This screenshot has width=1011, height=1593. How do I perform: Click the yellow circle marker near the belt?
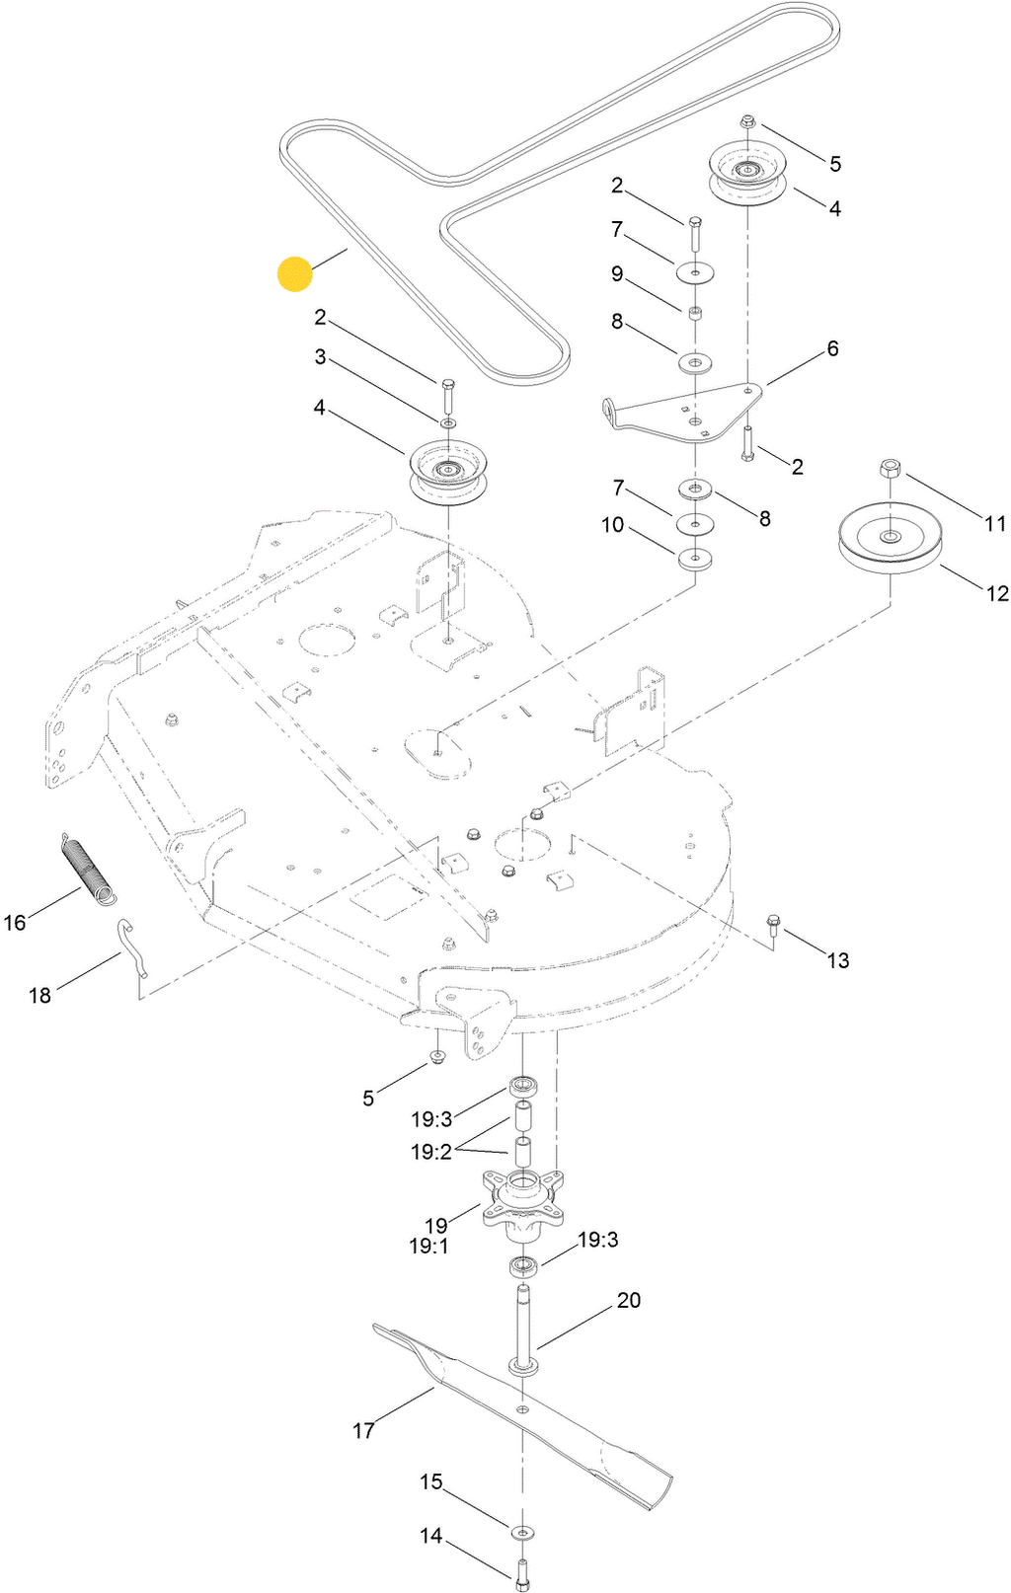tap(295, 274)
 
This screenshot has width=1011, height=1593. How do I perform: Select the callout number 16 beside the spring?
tap(15, 923)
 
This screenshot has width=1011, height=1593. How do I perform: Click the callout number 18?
tap(39, 996)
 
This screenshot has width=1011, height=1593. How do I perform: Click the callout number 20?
tap(629, 1301)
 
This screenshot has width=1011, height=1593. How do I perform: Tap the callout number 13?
tap(837, 960)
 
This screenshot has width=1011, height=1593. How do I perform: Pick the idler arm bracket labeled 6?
tap(681, 410)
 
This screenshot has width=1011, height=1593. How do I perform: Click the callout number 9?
tap(617, 274)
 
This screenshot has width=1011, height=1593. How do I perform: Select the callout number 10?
tap(613, 525)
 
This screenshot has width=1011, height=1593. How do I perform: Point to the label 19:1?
tap(429, 1247)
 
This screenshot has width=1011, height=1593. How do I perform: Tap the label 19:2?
tap(431, 1152)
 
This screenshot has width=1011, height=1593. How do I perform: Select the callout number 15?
tap(431, 1482)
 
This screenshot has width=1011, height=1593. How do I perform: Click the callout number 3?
tap(320, 357)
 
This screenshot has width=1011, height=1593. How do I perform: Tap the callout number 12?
tap(997, 593)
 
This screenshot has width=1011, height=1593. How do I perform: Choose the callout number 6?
tap(832, 348)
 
